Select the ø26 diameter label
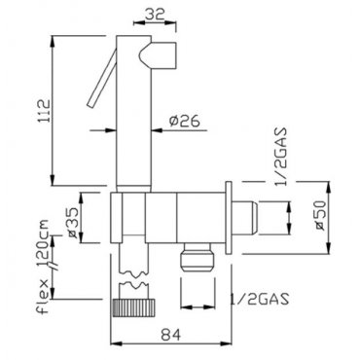click(184, 121)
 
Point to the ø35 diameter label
click(72, 223)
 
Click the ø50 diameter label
click(319, 216)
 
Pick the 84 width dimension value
click(171, 335)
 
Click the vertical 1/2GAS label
click(280, 157)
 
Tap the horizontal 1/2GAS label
click(259, 300)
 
